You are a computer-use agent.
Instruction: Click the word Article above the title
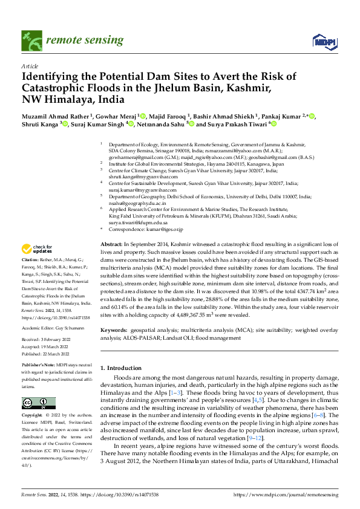[x=30, y=66]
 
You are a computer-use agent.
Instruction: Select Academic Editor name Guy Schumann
[x=72, y=327]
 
